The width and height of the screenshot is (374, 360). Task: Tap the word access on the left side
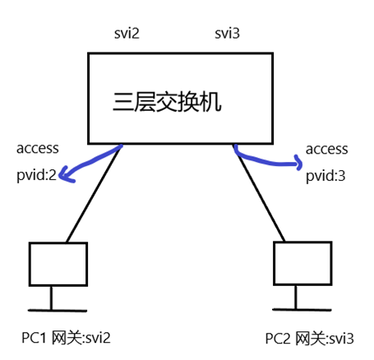[x=38, y=149]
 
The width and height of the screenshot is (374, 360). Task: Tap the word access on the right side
[x=326, y=150]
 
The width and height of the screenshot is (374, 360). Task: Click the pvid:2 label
[x=37, y=175]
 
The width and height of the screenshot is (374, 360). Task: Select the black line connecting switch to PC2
[x=259, y=197]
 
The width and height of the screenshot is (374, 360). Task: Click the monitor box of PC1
[x=58, y=263]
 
